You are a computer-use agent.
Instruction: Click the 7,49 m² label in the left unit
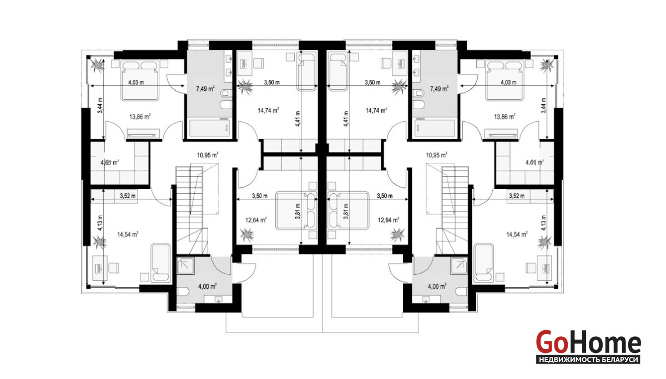205,89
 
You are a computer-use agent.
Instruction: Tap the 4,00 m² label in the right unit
437,286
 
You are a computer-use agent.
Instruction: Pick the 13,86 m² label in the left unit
140,117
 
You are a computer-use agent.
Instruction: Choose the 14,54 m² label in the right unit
517,234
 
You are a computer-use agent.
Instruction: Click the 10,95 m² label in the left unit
208,155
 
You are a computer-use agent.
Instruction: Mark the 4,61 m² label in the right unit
535,162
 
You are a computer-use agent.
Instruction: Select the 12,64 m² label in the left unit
256,220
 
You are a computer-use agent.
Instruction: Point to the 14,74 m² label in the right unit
376,111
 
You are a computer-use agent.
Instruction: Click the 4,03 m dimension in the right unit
508,82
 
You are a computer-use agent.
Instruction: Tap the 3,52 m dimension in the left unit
128,196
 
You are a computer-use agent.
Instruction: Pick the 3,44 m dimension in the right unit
544,105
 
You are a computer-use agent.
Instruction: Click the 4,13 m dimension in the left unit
100,223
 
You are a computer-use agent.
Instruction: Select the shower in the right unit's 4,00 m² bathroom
458,265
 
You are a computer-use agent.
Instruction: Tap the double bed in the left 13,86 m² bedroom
139,80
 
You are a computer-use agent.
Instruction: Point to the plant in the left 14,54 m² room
99,242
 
